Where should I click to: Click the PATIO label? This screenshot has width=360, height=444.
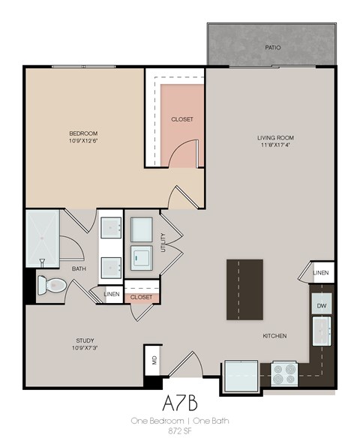coord(273,47)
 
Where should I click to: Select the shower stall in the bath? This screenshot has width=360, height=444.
coord(43,238)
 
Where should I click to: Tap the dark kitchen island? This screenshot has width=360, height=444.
coord(244,289)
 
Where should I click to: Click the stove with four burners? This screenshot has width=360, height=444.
coord(285,373)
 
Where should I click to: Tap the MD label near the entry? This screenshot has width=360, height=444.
coord(153,361)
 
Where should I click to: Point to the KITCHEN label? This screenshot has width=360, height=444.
coord(275,336)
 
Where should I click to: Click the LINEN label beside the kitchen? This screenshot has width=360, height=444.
coord(320,272)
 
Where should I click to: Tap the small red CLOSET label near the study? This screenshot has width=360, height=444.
coord(141,298)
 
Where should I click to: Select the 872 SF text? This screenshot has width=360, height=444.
coord(179,433)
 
